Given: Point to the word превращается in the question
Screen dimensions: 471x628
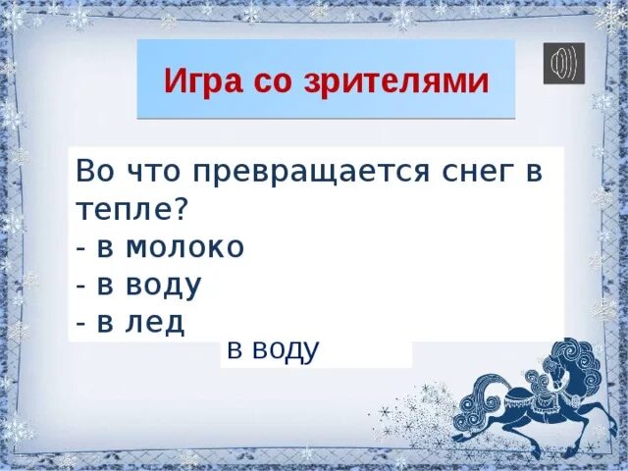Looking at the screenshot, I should coord(306,173).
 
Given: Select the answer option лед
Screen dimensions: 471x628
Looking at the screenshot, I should coord(154,322).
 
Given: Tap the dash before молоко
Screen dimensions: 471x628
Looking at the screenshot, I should coord(79,249).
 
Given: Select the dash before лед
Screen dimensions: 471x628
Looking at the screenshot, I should coord(79,324).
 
